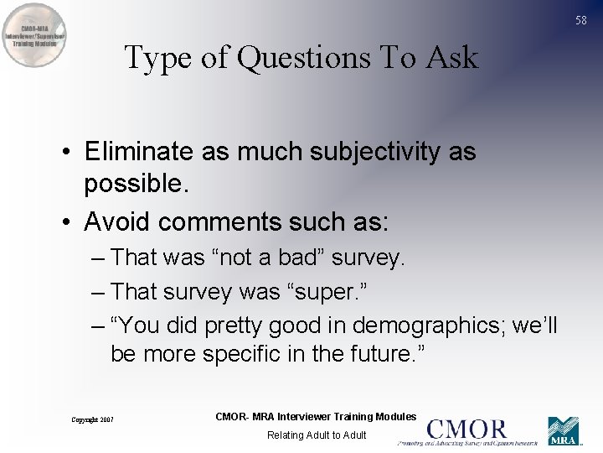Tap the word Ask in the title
pos(452,58)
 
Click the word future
pos(379,354)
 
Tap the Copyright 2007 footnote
pos(92,419)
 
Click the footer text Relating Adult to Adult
pos(316,435)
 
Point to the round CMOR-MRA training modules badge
pos(36,34)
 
